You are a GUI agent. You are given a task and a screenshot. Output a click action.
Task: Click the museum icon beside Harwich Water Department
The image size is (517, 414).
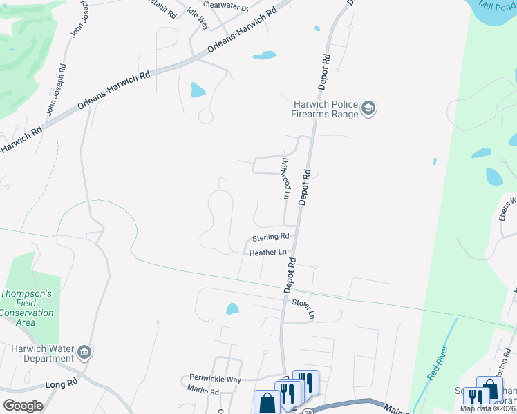click(x=85, y=352)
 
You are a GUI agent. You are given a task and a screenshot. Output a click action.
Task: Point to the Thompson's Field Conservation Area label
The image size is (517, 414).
click(x=26, y=308)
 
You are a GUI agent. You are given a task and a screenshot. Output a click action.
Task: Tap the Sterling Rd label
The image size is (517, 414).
click(x=269, y=237)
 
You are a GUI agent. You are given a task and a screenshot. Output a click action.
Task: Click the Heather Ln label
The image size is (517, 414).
click(x=267, y=253)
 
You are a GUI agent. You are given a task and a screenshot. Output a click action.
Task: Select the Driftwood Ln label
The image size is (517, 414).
click(x=285, y=178)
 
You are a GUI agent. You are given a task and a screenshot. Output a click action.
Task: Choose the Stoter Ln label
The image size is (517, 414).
click(x=303, y=308)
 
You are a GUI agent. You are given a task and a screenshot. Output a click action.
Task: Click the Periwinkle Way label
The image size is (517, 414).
click(x=215, y=379)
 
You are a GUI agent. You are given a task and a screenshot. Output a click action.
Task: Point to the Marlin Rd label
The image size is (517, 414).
click(x=203, y=391)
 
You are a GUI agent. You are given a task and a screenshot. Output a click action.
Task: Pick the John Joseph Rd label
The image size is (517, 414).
click(x=55, y=89)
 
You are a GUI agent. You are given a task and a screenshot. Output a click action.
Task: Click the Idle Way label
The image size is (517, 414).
click(x=198, y=19)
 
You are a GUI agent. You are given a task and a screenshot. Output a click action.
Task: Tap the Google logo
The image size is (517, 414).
click(x=23, y=405)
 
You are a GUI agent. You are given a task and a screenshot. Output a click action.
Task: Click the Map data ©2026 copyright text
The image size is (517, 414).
click(x=487, y=408)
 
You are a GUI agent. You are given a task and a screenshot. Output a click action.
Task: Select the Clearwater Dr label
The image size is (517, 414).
click(x=225, y=5)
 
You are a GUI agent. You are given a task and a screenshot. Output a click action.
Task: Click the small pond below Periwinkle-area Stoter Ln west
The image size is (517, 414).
click(x=232, y=308)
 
